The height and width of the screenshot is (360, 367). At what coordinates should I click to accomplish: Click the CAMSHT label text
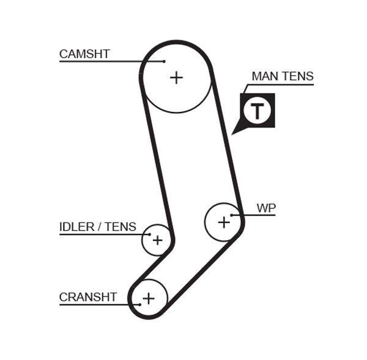(x=84, y=54)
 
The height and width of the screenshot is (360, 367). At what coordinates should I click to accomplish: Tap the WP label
(x=266, y=208)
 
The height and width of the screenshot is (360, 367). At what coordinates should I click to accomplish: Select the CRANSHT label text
(x=88, y=297)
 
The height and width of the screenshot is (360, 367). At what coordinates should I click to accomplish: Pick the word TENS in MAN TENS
(x=298, y=76)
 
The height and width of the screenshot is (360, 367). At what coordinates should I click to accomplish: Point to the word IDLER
(x=76, y=227)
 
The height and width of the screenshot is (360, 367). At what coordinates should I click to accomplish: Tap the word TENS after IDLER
(x=120, y=227)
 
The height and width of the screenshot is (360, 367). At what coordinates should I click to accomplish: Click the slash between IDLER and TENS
(x=99, y=227)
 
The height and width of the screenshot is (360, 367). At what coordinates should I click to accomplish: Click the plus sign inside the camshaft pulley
(x=176, y=77)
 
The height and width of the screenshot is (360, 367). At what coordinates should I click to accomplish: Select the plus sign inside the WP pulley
(x=224, y=222)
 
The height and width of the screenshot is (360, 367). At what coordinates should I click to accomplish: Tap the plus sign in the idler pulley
(x=157, y=240)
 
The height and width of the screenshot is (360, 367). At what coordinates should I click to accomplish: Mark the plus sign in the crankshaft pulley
(x=148, y=298)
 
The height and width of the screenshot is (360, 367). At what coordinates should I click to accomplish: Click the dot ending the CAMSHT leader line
(x=165, y=61)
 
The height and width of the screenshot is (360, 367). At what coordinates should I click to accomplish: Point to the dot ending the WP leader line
(x=232, y=215)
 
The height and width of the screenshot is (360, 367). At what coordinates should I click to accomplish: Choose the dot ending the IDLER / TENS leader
(x=149, y=234)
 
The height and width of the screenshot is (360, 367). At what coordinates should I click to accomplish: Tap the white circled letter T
(x=257, y=111)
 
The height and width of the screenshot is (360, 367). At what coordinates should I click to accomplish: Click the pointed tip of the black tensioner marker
(x=233, y=133)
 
